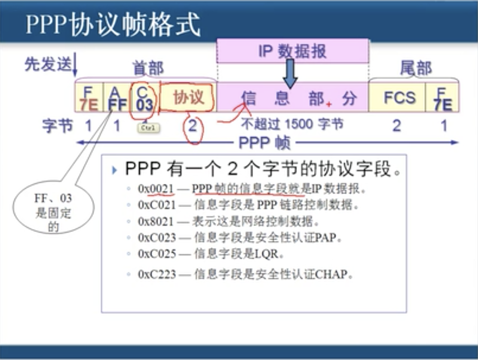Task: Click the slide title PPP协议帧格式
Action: click(x=113, y=24)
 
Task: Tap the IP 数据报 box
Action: click(x=293, y=51)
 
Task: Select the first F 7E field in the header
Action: click(x=89, y=98)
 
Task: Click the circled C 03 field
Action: click(x=144, y=98)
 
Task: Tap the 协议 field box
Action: click(x=188, y=98)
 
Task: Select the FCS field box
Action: click(x=399, y=98)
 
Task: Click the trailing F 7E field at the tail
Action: click(x=443, y=98)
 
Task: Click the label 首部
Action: click(x=148, y=68)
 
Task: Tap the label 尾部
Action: click(x=415, y=68)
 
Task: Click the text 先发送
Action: click(x=47, y=64)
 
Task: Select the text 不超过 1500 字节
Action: click(x=292, y=125)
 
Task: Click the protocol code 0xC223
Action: click(x=156, y=274)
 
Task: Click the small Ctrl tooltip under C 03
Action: click(x=149, y=128)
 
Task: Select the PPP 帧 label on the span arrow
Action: click(x=264, y=143)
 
